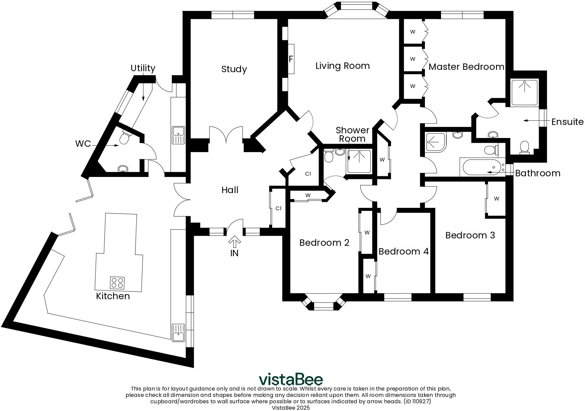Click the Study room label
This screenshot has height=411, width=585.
coord(234,69)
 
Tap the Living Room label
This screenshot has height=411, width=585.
coord(342,66)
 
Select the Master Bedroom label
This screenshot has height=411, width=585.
coord(466,67)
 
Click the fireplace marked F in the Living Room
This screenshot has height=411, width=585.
coord(291,59)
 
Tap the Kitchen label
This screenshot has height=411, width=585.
coord(113,296)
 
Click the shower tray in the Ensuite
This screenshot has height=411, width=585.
coord(524,92)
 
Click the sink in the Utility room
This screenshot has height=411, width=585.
coord(178,135)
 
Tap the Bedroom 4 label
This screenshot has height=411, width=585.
coord(403,252)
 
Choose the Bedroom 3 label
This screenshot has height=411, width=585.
coord(470,235)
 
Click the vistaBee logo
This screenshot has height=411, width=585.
coord(291,379)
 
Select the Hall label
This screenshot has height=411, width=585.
coord(230,190)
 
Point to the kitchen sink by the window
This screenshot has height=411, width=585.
coord(178,332)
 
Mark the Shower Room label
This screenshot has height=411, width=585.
coord(352,134)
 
